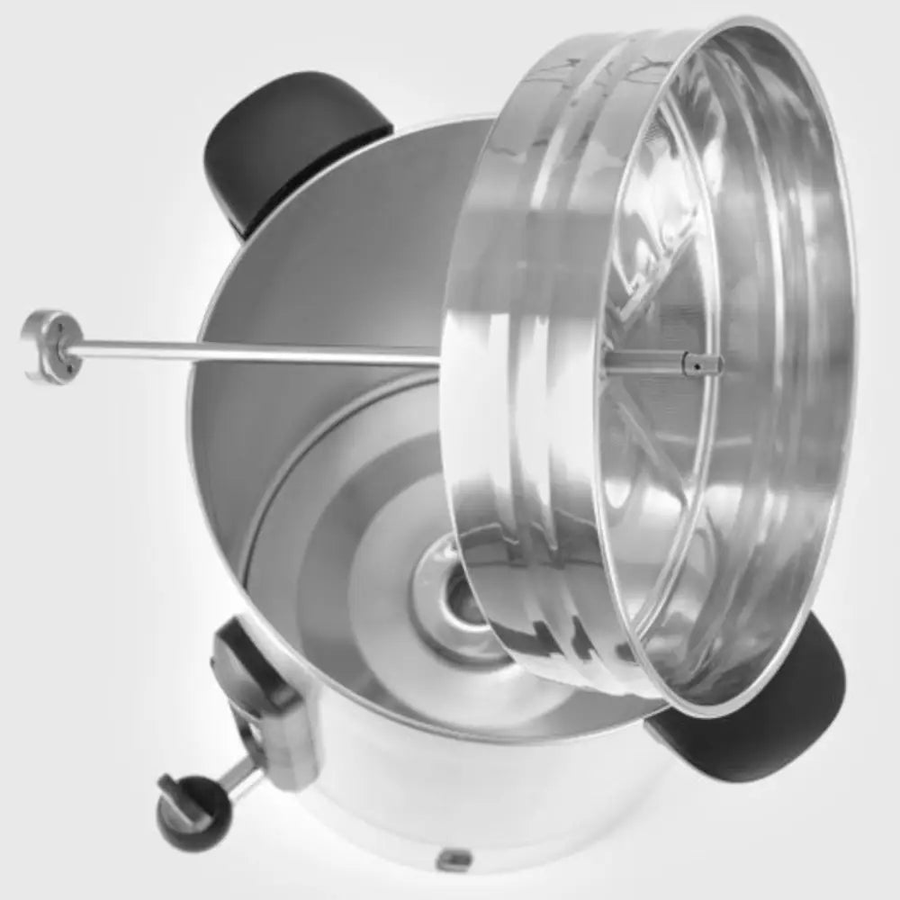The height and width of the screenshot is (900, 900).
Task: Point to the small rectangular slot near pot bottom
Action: [454, 859]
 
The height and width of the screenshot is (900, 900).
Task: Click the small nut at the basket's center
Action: [703, 364]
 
